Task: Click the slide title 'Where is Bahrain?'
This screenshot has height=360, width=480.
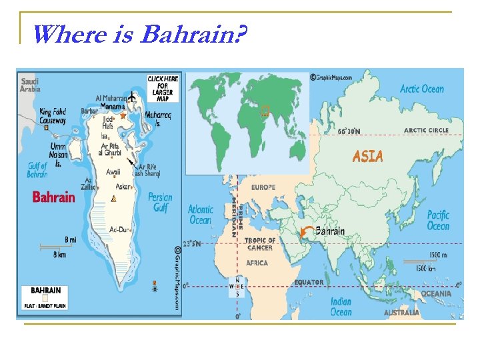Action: [139, 33]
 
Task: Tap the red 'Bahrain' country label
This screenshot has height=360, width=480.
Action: [53, 197]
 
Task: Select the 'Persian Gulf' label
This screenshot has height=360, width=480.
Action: [160, 202]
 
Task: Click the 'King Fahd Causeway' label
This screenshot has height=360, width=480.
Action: [53, 117]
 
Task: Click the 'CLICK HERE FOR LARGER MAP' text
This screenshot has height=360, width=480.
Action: [163, 88]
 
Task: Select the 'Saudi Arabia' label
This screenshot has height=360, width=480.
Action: [30, 85]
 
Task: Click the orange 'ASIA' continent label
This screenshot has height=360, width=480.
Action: [367, 156]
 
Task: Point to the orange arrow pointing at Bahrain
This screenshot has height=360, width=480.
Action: [307, 233]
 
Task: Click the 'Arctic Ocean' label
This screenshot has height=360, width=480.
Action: [421, 89]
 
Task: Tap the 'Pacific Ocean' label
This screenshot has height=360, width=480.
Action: [438, 220]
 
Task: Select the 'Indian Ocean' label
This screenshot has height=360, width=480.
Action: [341, 307]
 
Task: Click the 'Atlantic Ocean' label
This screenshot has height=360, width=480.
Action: [200, 215]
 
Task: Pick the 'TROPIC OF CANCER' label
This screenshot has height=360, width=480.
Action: [260, 243]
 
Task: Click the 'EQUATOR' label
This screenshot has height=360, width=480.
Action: [309, 282]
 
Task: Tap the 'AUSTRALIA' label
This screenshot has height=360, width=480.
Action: [401, 312]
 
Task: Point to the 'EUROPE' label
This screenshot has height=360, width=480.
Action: [263, 188]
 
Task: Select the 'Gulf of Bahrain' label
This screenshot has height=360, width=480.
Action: [37, 170]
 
